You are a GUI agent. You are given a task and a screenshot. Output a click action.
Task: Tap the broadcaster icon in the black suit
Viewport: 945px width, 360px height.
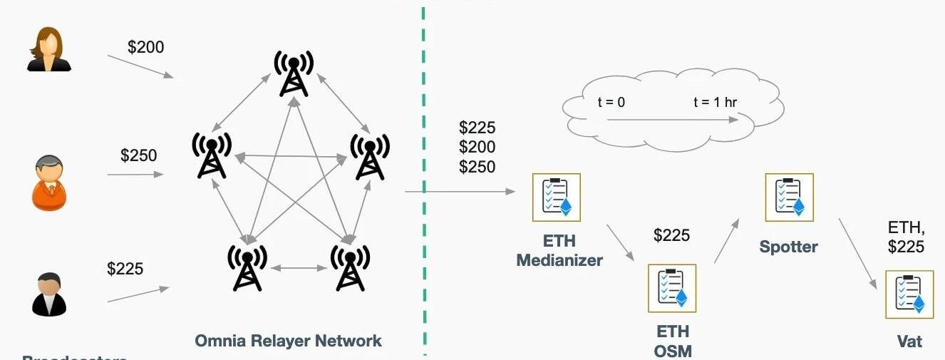(49, 294)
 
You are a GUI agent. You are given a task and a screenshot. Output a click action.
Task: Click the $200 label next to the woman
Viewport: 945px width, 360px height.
(145, 48)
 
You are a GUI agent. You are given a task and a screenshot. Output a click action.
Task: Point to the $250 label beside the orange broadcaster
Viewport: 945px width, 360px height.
(138, 155)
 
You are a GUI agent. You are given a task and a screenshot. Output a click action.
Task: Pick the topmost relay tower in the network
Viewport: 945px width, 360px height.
(293, 73)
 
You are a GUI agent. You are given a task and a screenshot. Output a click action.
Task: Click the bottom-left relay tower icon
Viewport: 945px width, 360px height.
(246, 267)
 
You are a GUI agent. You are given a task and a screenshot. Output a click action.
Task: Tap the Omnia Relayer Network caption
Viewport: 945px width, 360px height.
(289, 341)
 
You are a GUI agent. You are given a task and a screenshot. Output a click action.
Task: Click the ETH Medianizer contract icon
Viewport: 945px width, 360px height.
(557, 197)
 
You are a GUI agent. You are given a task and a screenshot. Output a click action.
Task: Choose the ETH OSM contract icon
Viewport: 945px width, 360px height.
(671, 288)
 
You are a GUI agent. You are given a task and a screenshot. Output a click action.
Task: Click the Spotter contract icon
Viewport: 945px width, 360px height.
(789, 197)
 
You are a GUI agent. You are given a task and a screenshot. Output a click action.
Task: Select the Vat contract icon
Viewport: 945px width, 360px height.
(909, 294)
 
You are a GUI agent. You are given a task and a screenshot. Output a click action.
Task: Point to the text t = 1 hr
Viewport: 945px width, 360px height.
(715, 102)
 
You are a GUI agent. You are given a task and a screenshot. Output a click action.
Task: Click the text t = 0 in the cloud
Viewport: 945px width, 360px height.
(611, 102)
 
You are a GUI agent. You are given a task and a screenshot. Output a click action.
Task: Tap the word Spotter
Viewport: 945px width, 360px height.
(788, 247)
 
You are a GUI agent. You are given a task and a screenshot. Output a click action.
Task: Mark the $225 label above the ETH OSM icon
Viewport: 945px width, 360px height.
(671, 235)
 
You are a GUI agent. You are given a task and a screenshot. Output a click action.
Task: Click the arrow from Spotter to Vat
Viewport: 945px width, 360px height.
(857, 253)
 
